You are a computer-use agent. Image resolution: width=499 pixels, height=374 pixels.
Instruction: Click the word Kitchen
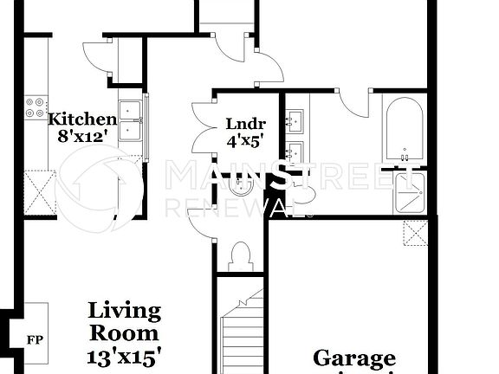(x=82, y=119)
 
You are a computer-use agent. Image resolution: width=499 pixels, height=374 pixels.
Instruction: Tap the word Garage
(x=353, y=358)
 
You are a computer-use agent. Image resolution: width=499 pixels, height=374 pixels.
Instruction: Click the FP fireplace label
(x=36, y=339)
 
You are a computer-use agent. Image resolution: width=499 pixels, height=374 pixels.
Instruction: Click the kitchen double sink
(x=131, y=120)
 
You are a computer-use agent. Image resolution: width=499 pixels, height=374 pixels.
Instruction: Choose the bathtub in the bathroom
(x=404, y=130)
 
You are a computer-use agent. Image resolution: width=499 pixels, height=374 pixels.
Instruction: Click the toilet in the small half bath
(x=239, y=256)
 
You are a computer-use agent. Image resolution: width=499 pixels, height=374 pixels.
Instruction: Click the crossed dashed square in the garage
(x=415, y=234)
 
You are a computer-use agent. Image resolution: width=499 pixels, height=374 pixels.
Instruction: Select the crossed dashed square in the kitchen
(x=41, y=192)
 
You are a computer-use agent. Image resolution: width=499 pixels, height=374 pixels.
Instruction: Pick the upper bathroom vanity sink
(x=295, y=119)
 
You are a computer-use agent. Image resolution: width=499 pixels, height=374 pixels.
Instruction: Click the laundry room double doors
(x=203, y=128)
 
